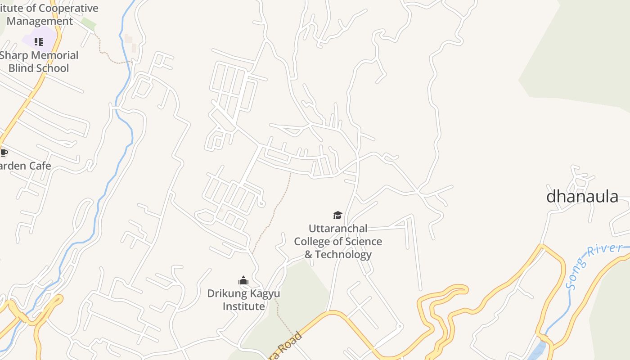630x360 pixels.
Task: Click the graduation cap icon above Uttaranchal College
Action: [x=337, y=215]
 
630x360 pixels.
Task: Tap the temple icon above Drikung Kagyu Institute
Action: [x=243, y=281]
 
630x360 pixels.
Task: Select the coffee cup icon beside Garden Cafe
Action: [x=4, y=153]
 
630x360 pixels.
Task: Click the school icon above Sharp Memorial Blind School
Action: [x=39, y=42]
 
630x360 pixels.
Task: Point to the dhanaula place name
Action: [x=582, y=197]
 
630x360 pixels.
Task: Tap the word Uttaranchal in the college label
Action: [x=338, y=229]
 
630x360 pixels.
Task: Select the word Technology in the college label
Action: [x=343, y=255]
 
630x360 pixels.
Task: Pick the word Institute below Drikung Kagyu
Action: [x=244, y=306]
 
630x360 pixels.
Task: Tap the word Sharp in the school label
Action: [x=13, y=55]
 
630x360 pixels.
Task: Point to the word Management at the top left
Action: [x=40, y=21]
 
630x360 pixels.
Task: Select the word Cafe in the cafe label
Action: [x=40, y=166]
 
